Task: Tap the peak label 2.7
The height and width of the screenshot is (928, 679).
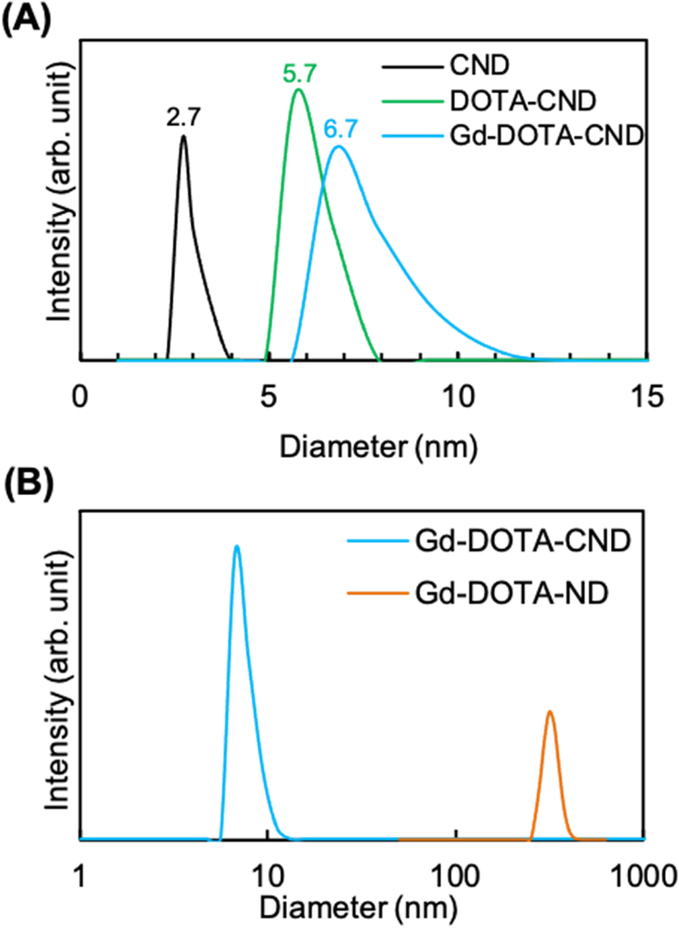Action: coord(183,117)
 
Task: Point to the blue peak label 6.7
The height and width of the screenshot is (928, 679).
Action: coord(340,128)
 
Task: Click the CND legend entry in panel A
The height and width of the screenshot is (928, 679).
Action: coord(479,66)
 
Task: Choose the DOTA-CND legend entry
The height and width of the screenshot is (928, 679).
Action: coord(523,101)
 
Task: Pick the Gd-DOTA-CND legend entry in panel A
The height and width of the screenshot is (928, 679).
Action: coord(546,136)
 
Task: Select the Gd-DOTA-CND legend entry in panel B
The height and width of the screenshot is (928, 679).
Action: coord(523,541)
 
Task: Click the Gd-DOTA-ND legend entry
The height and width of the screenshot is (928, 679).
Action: coord(512,593)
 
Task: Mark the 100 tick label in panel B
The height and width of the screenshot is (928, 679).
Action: coord(456,876)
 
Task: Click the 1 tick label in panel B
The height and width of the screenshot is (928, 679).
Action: coord(80,876)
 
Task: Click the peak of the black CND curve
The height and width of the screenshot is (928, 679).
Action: coord(183,136)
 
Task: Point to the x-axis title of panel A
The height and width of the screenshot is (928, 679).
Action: coord(378,447)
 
